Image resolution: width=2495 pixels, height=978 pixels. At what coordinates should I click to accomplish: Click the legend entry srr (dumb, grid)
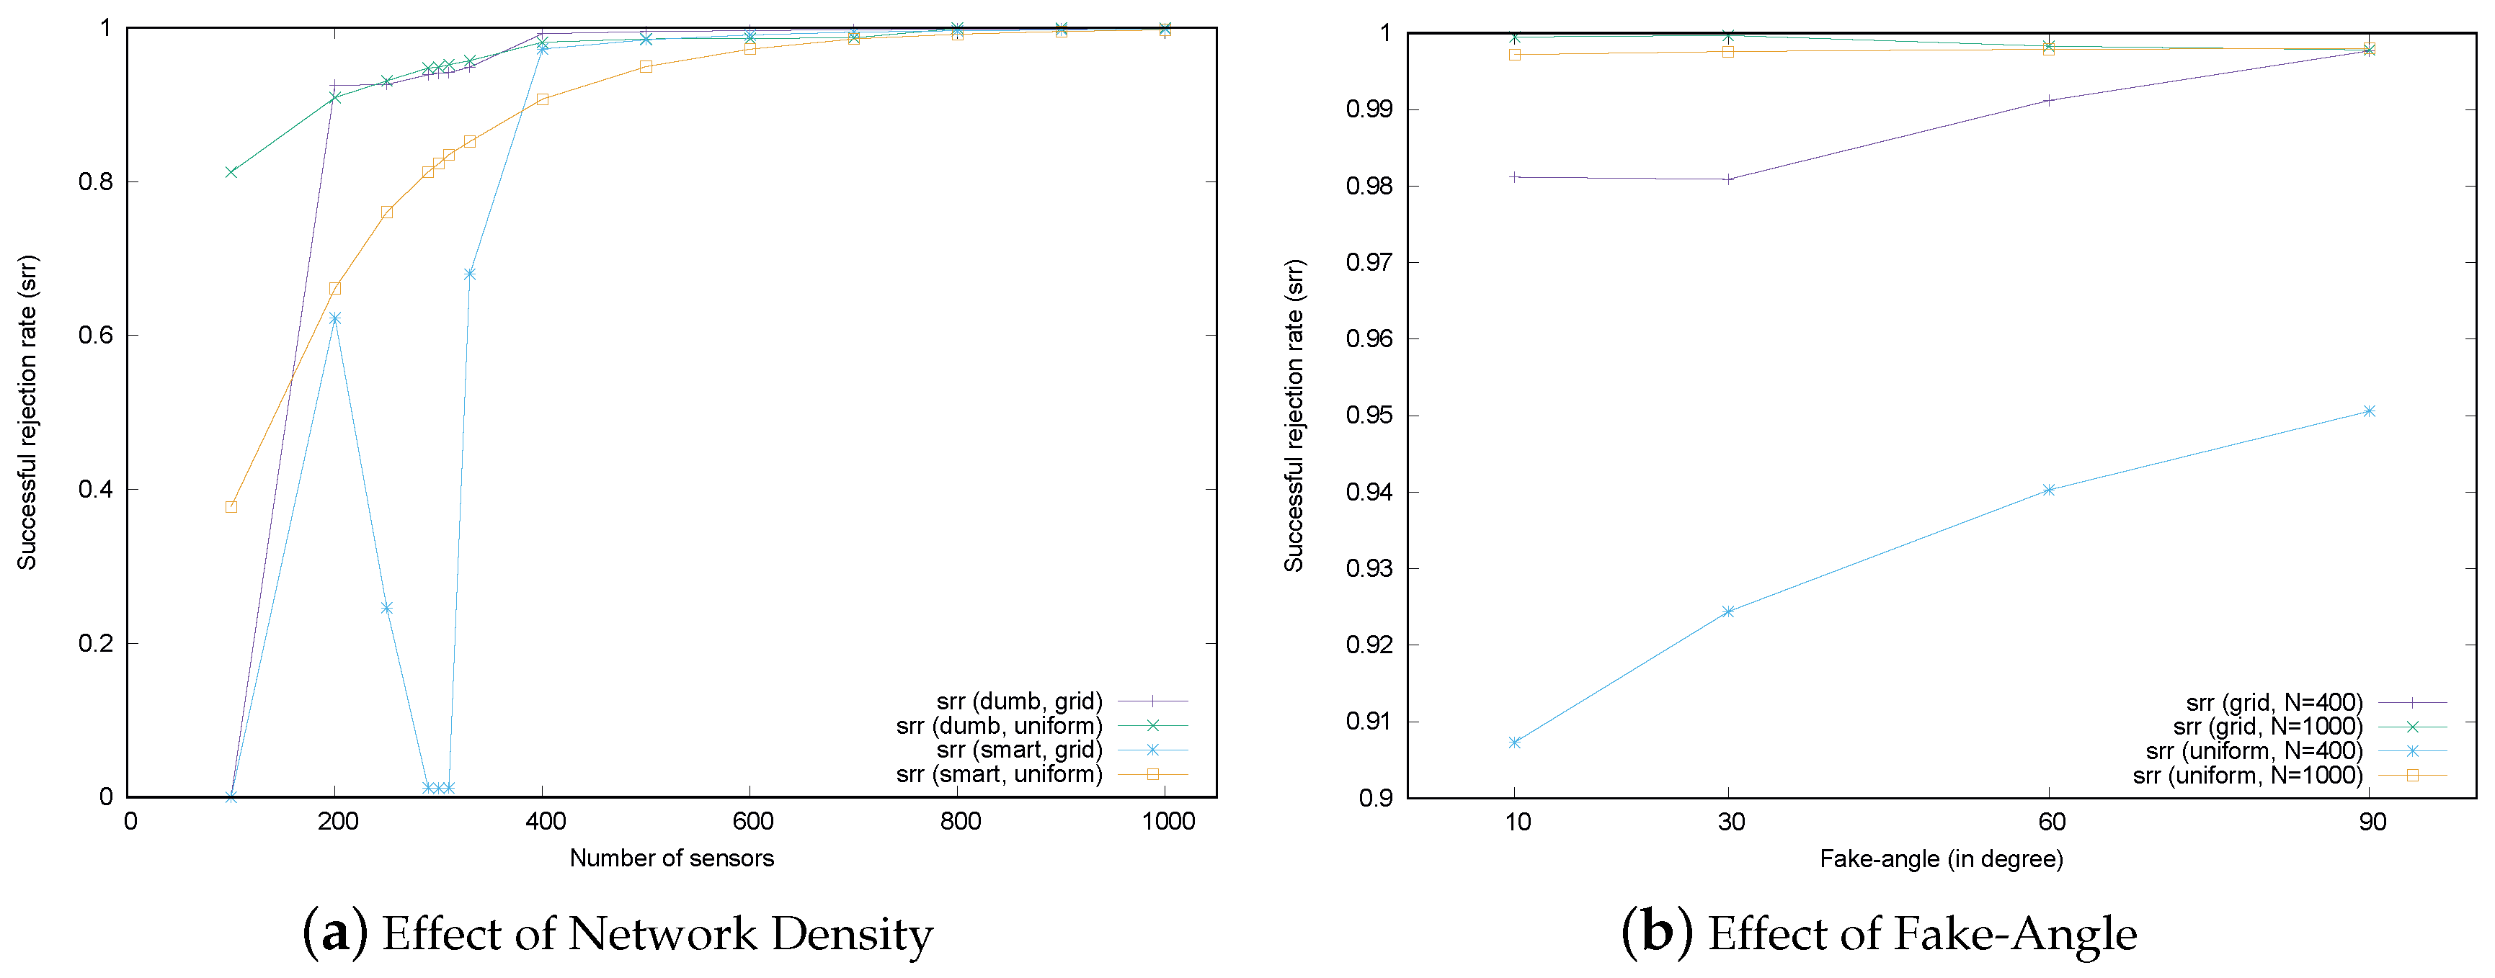click(x=1019, y=701)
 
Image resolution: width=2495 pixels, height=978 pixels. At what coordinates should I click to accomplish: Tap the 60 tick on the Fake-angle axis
click(x=2051, y=822)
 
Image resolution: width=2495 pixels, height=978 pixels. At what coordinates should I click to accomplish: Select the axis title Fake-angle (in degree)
click(x=1941, y=859)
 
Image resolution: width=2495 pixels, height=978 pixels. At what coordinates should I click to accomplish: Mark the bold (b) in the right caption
click(x=1657, y=933)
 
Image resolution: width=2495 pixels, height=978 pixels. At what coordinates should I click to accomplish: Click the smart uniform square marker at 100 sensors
click(x=231, y=506)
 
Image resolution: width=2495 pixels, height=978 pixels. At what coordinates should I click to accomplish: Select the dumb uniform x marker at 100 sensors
click(x=231, y=171)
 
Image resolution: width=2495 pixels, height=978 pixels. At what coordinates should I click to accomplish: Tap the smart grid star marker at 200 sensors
click(x=335, y=318)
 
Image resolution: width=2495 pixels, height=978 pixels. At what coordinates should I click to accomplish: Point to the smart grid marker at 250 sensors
click(x=386, y=608)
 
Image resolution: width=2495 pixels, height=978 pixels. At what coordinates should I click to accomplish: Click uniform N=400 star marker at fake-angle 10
click(x=1515, y=743)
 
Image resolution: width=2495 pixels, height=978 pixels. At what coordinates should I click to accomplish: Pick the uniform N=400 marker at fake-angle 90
click(x=2369, y=411)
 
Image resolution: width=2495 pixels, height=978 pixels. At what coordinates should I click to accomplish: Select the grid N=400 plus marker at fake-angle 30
click(x=1728, y=179)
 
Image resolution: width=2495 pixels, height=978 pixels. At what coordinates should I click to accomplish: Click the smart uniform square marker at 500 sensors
click(x=646, y=67)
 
